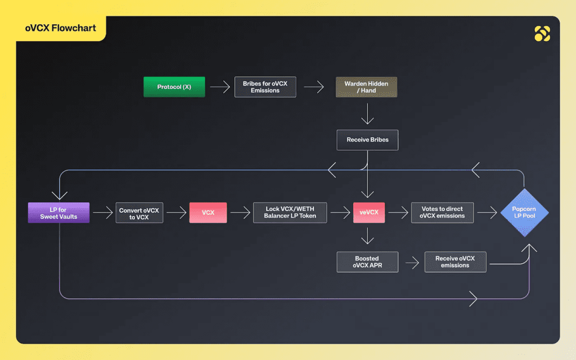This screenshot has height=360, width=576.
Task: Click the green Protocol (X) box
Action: (174, 87)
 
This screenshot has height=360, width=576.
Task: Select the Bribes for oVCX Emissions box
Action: (265, 87)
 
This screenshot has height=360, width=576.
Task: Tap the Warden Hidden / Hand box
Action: (366, 87)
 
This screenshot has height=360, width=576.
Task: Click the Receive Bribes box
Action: (367, 140)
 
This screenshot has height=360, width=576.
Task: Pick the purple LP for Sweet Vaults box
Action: (58, 213)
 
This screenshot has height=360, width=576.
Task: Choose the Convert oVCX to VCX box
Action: (139, 213)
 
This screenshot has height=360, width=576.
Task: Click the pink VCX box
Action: (208, 213)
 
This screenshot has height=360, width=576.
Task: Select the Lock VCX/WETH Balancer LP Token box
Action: (290, 213)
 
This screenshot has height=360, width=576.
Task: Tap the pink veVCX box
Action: (369, 213)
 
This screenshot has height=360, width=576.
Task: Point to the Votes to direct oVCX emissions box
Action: (442, 213)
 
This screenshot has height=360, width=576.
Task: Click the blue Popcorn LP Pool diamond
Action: (525, 213)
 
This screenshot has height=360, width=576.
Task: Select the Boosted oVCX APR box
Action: (367, 262)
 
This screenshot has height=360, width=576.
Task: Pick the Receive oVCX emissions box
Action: (455, 262)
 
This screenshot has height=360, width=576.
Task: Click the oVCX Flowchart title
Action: (61, 28)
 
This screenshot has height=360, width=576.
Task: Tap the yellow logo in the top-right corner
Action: (542, 33)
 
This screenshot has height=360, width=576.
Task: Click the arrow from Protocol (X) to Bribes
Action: (220, 87)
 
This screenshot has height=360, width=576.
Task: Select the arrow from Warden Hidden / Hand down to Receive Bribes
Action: (367, 114)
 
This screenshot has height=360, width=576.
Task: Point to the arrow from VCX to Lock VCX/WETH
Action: (240, 213)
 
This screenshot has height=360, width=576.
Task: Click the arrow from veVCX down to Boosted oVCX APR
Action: (367, 236)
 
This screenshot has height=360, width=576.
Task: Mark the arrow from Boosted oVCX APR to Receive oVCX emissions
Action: (412, 263)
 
